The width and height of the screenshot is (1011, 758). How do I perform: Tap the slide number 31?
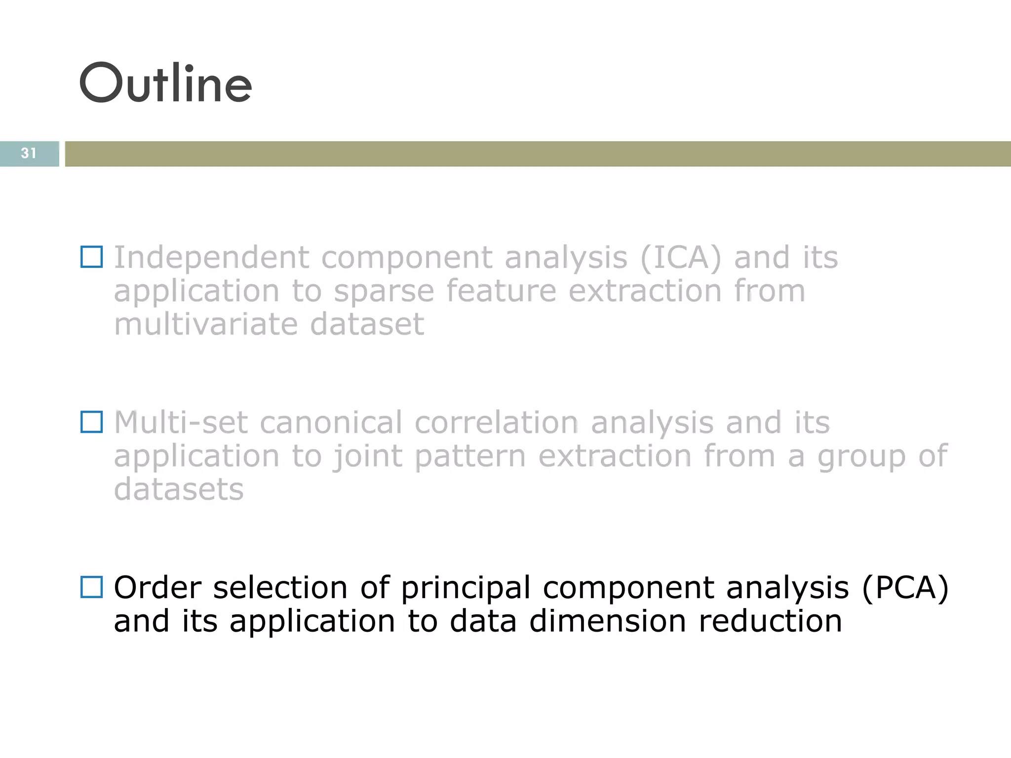(x=29, y=153)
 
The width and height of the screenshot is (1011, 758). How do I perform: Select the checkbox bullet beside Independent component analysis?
(x=92, y=257)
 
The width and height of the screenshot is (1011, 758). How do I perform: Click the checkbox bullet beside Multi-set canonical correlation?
(x=92, y=422)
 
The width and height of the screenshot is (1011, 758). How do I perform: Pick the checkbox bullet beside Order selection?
(x=92, y=587)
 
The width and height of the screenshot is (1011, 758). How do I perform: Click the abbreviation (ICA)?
(x=681, y=258)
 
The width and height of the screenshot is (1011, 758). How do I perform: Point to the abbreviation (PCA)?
(x=905, y=588)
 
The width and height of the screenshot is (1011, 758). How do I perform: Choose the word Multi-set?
(x=181, y=423)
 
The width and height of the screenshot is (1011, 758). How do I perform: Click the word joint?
(x=367, y=456)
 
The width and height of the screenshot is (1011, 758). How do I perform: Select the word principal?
(x=466, y=588)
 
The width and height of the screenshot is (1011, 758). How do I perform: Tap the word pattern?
(x=470, y=456)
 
